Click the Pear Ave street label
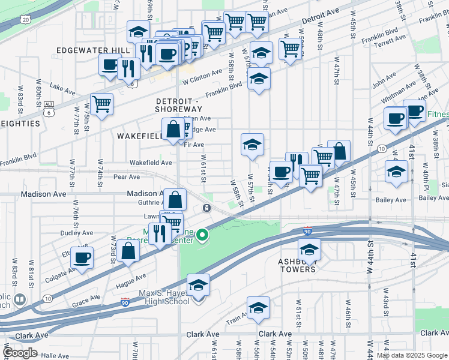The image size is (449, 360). pyautogui.click(x=126, y=177)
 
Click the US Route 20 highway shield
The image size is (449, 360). pyautogui.click(x=25, y=20)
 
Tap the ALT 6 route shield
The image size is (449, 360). pyautogui.click(x=49, y=108)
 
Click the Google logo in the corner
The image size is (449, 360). pyautogui.click(x=20, y=352)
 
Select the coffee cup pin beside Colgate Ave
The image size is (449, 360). pyautogui.click(x=82, y=258)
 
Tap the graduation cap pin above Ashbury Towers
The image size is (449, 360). pyautogui.click(x=309, y=248)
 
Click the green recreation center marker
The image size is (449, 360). pyautogui.click(x=203, y=235)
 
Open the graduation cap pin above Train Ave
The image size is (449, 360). pyautogui.click(x=258, y=307)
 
